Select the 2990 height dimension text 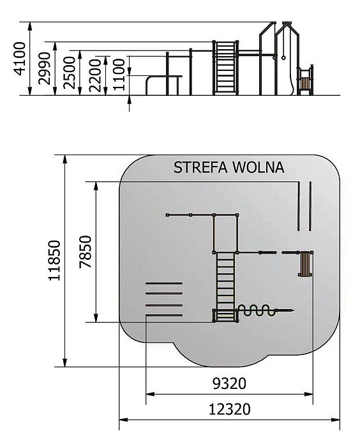point(45,68)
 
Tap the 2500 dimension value point(70,73)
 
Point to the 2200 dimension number point(95,75)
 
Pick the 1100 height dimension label point(119,75)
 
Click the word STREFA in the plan point(200,167)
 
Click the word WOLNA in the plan point(259,167)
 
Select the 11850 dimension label point(54,261)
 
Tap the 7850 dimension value point(86,252)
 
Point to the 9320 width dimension point(229,384)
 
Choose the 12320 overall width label point(229,409)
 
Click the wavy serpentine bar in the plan point(257,310)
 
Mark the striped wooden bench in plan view point(305,264)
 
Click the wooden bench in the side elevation point(305,84)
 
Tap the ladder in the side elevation point(225,68)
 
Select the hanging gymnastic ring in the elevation point(284,57)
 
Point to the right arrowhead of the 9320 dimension point(309,394)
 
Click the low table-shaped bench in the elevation point(163,85)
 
